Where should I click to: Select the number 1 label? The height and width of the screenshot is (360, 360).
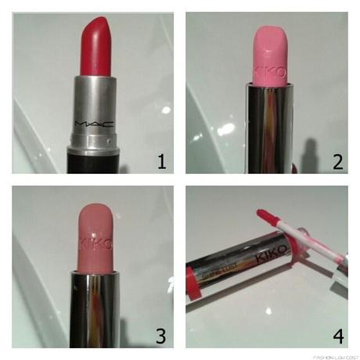(161, 161)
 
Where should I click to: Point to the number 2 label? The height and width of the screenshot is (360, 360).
(337, 161)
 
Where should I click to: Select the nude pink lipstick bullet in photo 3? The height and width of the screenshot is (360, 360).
(98, 235)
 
